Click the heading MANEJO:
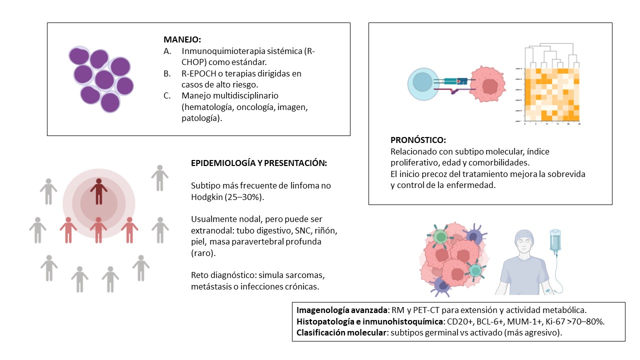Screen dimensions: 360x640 pyautogui.click(x=182, y=39)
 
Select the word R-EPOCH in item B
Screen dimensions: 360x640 pyautogui.click(x=199, y=73)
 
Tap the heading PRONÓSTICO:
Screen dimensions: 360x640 pyautogui.click(x=418, y=140)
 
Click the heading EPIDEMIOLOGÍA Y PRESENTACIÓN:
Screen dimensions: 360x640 pyautogui.click(x=259, y=163)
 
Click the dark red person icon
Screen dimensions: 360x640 pyautogui.click(x=99, y=190)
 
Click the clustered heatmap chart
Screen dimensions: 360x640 pyautogui.click(x=552, y=95)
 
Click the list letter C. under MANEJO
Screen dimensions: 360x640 pyautogui.click(x=167, y=95)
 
